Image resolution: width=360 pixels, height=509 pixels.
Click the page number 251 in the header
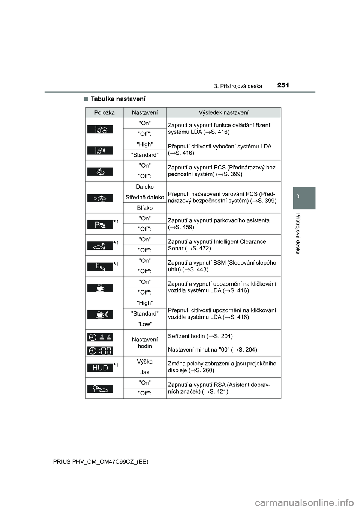pyautogui.click(x=283, y=85)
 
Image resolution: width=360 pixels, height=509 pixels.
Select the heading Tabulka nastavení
pyautogui.click(x=118, y=99)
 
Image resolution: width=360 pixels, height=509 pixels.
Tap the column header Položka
pyautogui.click(x=105, y=112)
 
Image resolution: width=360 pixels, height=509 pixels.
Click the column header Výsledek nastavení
pyautogui.click(x=223, y=112)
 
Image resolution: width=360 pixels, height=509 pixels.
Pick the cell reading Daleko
pyautogui.click(x=145, y=187)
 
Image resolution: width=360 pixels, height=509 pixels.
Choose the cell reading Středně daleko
pyautogui.click(x=145, y=197)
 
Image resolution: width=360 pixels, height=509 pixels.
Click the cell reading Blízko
pyautogui.click(x=145, y=208)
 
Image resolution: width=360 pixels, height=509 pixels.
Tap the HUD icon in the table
pyautogui.click(x=100, y=368)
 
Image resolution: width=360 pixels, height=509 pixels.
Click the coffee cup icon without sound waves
pyautogui.click(x=100, y=288)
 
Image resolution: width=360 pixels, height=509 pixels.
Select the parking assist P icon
pyautogui.click(x=100, y=225)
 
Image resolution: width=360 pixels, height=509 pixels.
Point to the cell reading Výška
pyautogui.click(x=145, y=362)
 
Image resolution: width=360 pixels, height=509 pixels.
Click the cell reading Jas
pyautogui.click(x=145, y=372)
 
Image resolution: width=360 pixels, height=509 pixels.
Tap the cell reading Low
pyautogui.click(x=145, y=324)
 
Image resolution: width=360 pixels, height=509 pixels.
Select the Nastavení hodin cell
pyautogui.click(x=145, y=343)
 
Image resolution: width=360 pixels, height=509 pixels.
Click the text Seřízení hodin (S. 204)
pyautogui.click(x=200, y=336)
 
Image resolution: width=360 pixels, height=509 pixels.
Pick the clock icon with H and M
pyautogui.click(x=100, y=337)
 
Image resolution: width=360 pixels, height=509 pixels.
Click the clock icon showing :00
pyautogui.click(x=100, y=350)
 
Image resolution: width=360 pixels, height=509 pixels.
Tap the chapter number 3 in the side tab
pyautogui.click(x=304, y=197)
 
